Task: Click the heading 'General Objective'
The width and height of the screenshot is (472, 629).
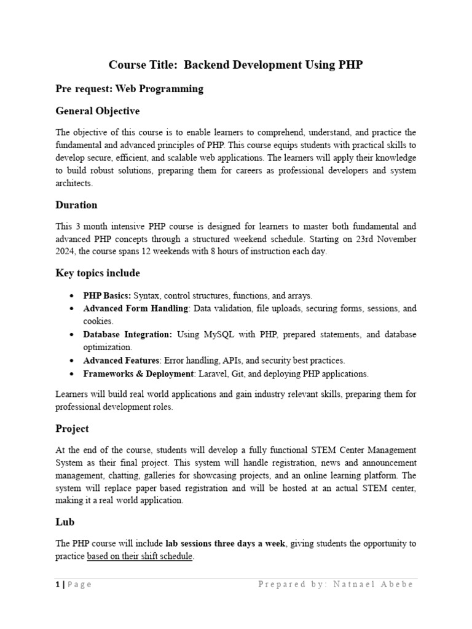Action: pos(97,111)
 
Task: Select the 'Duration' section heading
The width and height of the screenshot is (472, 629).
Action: pos(76,205)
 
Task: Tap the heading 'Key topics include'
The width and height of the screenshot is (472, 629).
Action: pos(98,273)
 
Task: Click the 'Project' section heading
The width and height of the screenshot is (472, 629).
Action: pos(72,428)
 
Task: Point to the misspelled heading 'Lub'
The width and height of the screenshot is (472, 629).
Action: pos(65,522)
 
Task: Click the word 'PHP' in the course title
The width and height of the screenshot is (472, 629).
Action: pos(350,64)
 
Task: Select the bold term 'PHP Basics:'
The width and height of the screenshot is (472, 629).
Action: pos(107,295)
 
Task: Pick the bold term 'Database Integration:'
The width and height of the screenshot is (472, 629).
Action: pos(128,334)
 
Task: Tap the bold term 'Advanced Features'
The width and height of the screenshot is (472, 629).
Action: pos(122,360)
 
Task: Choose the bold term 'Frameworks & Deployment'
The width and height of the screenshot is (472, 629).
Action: pos(138,373)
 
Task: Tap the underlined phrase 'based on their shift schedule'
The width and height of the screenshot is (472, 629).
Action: pos(140,556)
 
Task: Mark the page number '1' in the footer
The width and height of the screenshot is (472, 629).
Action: pos(57,584)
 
